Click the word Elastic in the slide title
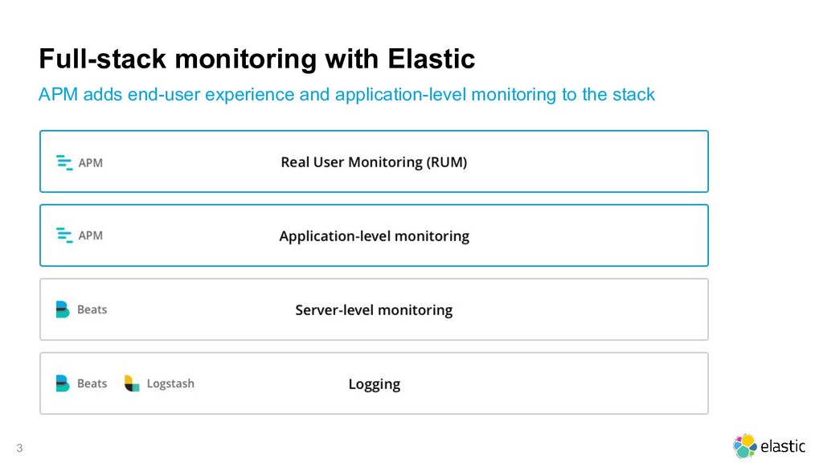431,59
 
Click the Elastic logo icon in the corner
745,446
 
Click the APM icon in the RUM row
64,162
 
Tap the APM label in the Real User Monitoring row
90,162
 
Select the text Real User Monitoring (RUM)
374,162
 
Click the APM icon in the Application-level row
64,236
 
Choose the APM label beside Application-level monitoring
90,236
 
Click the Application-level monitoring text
374,236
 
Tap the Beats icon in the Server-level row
63,309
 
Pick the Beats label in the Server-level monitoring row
92,309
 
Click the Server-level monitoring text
374,310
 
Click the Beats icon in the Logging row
63,383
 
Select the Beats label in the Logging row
92,383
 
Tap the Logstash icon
132,383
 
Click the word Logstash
170,384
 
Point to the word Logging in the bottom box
374,384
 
